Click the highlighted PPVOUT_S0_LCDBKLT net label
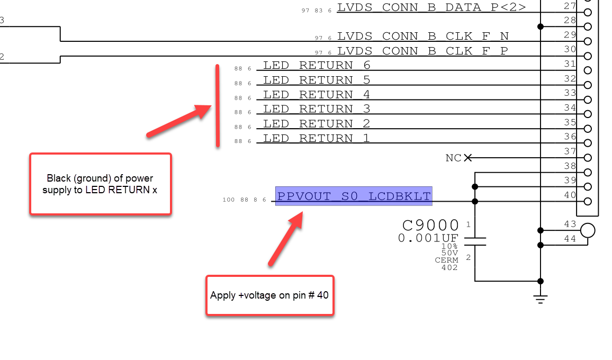click(x=354, y=196)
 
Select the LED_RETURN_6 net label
click(x=317, y=65)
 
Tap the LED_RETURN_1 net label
click(x=317, y=138)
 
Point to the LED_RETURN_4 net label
click(x=317, y=94)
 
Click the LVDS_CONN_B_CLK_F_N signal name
click(x=423, y=37)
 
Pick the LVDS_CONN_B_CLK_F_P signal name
click(x=422, y=51)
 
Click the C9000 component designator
click(x=430, y=226)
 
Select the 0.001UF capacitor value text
click(x=428, y=238)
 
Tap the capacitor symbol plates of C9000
click(x=475, y=241)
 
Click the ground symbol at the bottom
click(x=540, y=299)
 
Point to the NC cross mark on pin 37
click(x=468, y=158)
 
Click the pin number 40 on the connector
click(x=570, y=195)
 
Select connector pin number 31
click(x=570, y=64)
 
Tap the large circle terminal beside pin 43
click(x=588, y=230)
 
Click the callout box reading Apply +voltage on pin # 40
click(x=269, y=295)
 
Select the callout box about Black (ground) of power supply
click(x=100, y=184)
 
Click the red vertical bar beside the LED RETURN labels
click(x=218, y=106)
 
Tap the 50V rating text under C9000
click(x=449, y=253)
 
